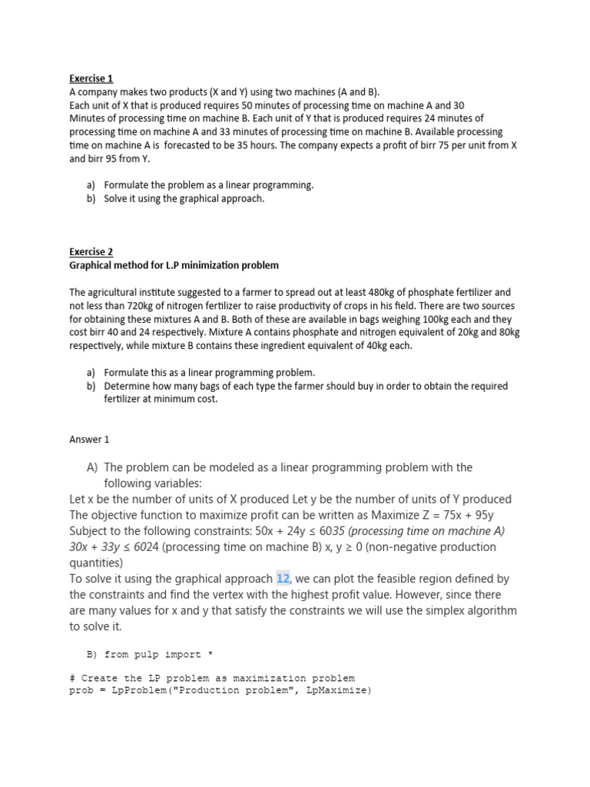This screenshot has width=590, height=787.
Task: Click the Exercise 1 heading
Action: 91,78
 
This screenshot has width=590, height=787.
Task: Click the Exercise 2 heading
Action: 91,252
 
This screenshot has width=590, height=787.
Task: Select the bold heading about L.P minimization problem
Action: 174,265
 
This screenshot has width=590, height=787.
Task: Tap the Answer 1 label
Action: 90,440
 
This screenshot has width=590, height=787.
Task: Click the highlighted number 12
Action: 282,579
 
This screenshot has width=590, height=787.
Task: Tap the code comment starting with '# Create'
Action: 212,679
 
